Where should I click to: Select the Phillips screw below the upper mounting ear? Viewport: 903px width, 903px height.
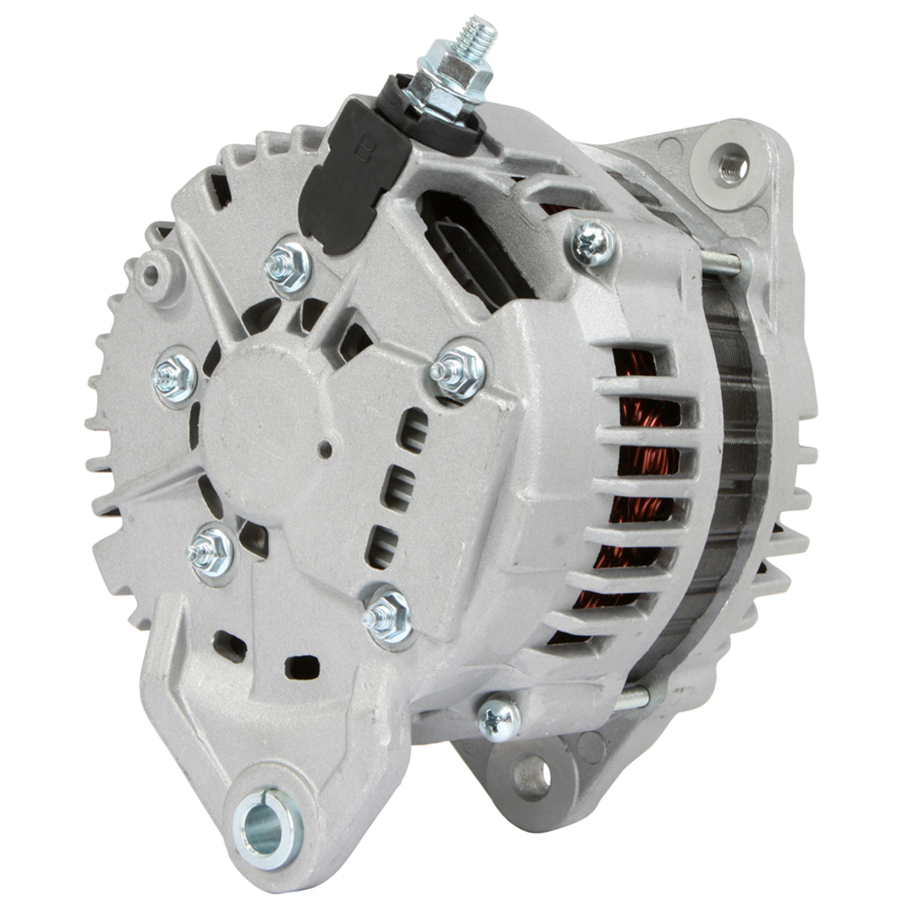tap(592, 243)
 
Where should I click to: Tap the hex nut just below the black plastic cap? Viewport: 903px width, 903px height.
tap(288, 270)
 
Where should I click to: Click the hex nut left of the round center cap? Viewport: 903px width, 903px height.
tap(173, 377)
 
